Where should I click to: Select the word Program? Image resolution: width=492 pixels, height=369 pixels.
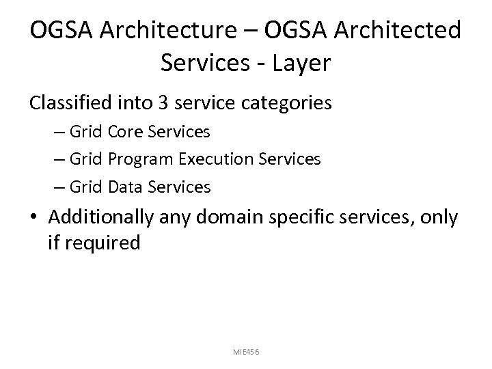click(140, 159)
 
